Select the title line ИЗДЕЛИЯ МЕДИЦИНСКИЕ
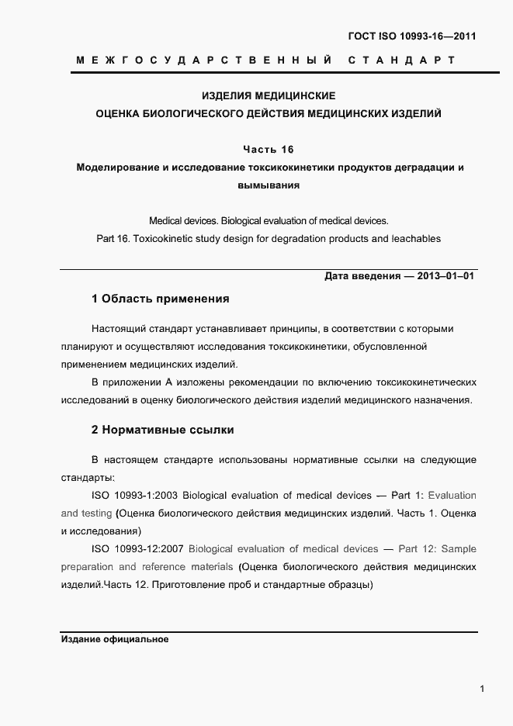tap(268, 96)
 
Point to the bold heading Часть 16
tap(268, 149)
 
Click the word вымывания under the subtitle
tap(268, 185)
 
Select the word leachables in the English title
tap(412, 238)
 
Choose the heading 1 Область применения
tap(160, 299)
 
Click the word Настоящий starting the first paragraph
tap(116, 329)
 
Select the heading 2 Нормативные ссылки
tap(162, 429)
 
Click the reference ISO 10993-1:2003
tap(135, 495)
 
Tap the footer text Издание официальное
tap(114, 640)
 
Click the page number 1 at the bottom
tap(482, 689)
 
